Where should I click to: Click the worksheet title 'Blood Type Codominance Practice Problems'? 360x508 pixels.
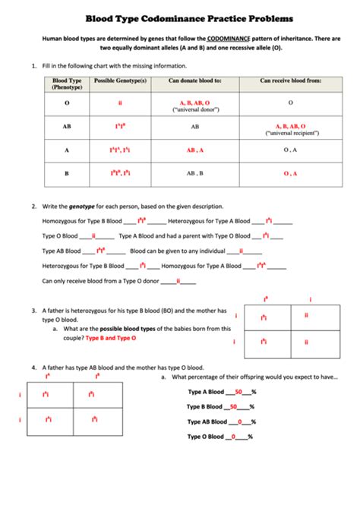179,17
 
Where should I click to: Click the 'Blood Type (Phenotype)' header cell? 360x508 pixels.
67,84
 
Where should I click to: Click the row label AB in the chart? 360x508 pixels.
67,127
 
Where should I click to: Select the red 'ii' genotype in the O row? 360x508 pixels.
120,102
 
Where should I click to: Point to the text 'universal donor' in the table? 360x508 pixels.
195,109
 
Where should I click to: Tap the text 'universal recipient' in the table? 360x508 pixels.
290,133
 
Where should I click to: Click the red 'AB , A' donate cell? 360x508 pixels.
195,150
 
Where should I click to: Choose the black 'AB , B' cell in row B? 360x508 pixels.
195,173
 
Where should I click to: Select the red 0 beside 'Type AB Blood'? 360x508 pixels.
240,421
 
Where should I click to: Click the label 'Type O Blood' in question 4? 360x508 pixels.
206,437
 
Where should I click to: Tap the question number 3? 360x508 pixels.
33,311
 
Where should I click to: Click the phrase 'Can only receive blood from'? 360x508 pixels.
77,281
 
